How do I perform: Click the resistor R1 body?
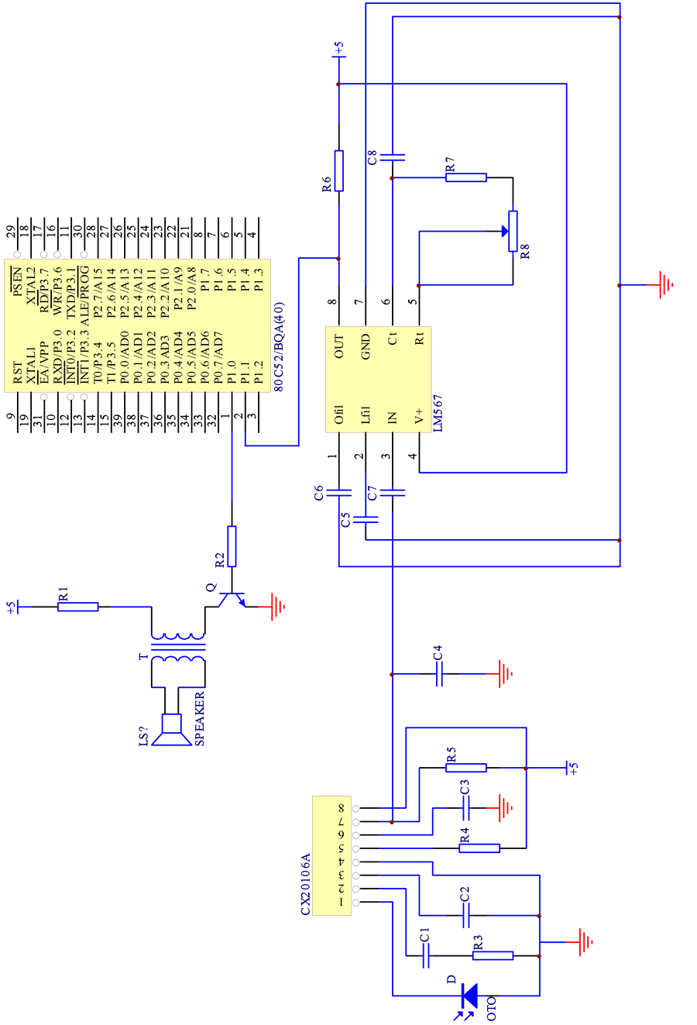point(77,607)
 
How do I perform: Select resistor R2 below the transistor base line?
point(232,546)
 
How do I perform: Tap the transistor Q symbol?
point(232,599)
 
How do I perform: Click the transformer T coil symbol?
point(178,648)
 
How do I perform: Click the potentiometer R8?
point(512,231)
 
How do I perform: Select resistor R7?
point(465,177)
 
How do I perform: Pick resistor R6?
point(338,170)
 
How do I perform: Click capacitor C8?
point(392,157)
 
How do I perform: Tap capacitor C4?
point(438,674)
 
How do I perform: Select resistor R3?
point(493,955)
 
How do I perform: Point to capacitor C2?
point(465,915)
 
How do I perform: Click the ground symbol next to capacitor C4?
point(504,674)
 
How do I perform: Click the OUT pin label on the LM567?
point(338,346)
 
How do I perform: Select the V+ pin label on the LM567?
point(419,417)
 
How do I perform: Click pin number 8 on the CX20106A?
point(341,808)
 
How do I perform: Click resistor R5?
point(465,768)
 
